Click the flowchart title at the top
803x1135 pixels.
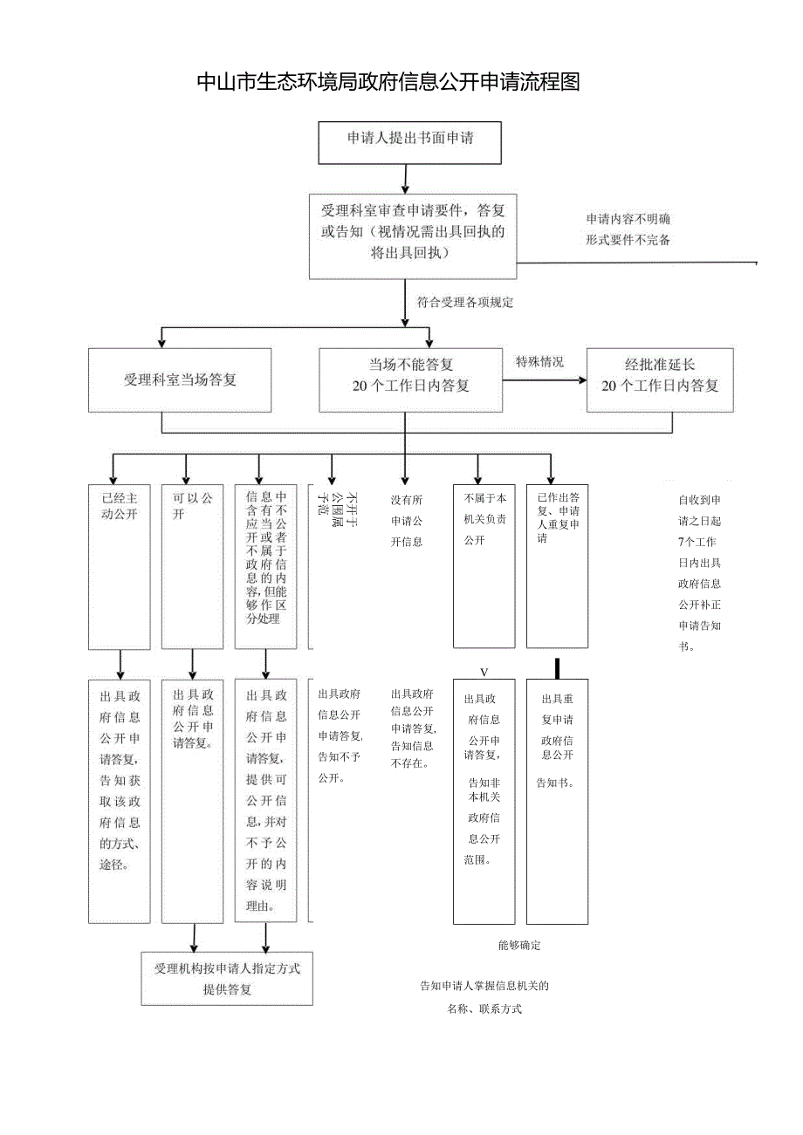388,83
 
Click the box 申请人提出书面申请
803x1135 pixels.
409,143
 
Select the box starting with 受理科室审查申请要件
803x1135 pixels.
412,236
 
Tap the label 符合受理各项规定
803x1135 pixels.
465,303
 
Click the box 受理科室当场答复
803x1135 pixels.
180,380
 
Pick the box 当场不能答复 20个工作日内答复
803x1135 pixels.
410,380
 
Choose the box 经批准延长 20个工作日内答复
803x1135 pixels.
659,380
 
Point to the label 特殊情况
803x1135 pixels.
539,361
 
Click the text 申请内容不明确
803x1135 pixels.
628,219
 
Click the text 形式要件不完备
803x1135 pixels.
628,240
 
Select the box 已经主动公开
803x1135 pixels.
120,566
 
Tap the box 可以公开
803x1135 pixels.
192,566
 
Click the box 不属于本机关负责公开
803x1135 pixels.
484,566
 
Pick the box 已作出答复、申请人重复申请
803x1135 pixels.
557,566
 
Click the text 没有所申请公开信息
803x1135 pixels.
406,521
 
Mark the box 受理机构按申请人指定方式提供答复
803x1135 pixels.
227,979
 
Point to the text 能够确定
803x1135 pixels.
519,946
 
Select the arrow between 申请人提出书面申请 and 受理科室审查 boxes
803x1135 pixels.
405,179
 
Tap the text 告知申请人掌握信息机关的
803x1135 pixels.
484,987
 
